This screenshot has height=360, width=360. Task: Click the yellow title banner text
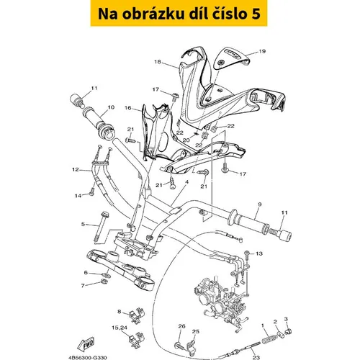click(179, 14)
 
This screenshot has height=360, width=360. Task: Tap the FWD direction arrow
click(86, 344)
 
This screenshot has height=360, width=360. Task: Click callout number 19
click(262, 51)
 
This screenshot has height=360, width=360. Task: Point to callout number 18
click(158, 62)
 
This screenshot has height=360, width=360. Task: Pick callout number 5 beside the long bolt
click(83, 225)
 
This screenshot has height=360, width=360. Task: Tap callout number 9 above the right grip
click(260, 204)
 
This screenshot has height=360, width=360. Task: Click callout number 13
click(259, 253)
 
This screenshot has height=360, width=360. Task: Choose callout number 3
click(286, 319)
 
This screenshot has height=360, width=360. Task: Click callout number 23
click(256, 358)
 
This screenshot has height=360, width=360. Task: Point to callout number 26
click(181, 326)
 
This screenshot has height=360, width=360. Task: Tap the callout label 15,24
click(120, 328)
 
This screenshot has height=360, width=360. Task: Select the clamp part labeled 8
click(137, 315)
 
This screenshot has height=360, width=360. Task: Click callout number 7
click(83, 286)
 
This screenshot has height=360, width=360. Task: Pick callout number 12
click(76, 170)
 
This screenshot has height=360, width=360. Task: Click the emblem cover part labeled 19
click(232, 58)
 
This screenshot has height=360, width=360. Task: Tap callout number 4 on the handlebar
click(186, 182)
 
